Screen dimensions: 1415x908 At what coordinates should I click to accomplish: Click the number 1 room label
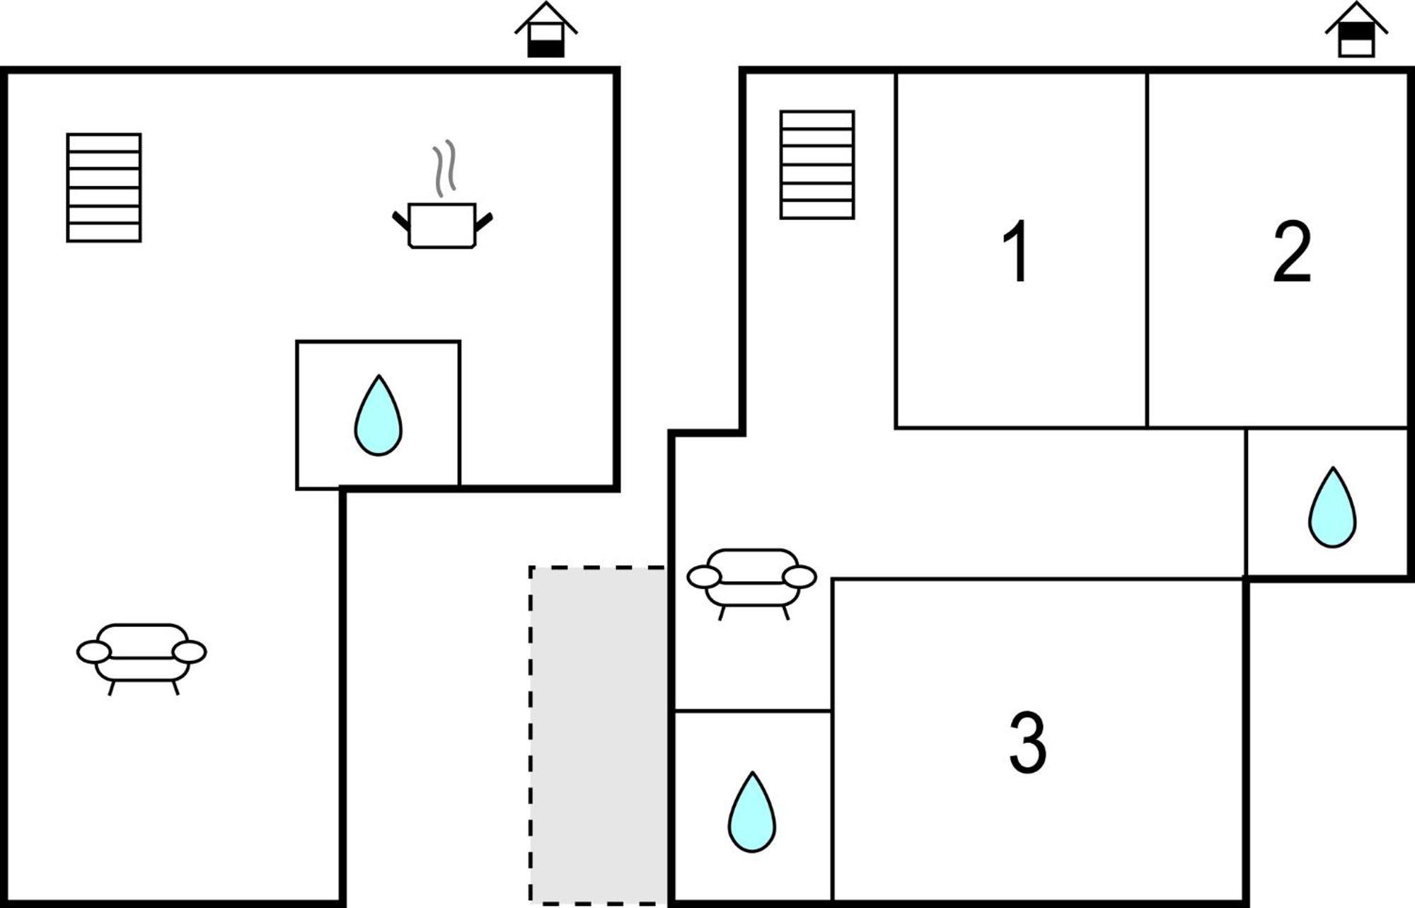[x=1017, y=251]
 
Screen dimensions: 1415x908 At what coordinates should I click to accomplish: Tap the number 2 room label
[x=1292, y=251]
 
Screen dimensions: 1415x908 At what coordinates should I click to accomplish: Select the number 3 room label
[x=1027, y=742]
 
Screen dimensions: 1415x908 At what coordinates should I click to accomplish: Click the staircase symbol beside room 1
[x=817, y=165]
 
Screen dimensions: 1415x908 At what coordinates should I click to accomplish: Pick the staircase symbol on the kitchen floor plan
[x=104, y=188]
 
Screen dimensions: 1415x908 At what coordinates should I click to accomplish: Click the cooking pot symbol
[x=442, y=226]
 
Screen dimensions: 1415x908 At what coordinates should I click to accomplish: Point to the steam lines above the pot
[x=444, y=168]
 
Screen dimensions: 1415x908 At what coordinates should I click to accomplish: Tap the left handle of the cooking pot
[x=400, y=221]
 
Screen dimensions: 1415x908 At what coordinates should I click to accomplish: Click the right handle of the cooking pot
[x=484, y=222]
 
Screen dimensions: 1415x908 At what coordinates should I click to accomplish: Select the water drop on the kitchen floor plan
[x=379, y=416]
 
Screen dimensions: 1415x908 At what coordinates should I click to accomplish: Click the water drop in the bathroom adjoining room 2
[x=1332, y=507]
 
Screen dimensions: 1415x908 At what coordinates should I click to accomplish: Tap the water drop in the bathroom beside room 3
[x=752, y=812]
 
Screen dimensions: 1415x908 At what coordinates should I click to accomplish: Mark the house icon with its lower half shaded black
[x=546, y=30]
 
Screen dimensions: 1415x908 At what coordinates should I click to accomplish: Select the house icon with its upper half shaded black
[x=1357, y=30]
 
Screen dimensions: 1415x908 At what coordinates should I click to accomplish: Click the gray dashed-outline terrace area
[x=599, y=735]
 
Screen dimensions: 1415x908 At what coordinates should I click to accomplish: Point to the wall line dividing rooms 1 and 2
[x=1147, y=250]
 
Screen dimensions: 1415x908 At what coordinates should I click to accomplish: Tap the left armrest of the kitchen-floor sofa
[x=93, y=653]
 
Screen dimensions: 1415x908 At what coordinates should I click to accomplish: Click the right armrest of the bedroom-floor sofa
[x=799, y=577]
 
